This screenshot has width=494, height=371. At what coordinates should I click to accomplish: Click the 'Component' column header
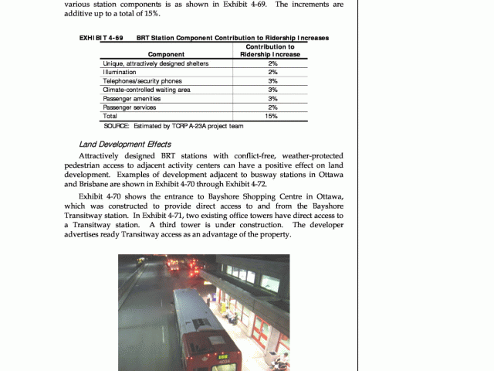tap(166, 54)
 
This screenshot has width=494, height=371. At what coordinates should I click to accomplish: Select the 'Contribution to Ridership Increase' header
tap(271, 50)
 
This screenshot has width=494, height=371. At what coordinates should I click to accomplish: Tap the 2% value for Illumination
tap(272, 72)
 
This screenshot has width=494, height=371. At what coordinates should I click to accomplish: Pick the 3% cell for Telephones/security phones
tap(272, 80)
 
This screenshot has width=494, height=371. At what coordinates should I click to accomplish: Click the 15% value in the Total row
tap(271, 116)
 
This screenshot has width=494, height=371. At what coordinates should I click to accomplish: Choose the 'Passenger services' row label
tap(129, 107)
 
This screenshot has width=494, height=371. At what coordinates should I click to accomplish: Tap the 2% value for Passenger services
tap(272, 107)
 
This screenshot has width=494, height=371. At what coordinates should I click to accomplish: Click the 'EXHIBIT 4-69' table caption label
tap(101, 37)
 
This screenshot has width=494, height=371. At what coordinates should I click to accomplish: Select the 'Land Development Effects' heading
tap(124, 144)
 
